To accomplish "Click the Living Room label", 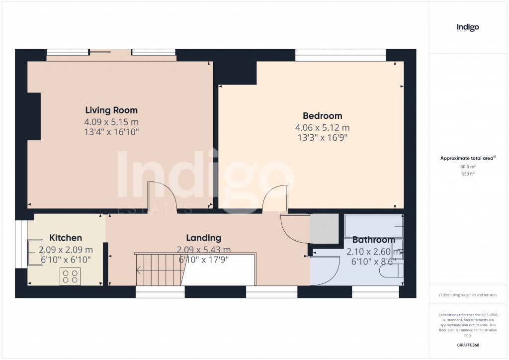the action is coord(111,110).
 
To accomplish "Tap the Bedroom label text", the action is coord(322,116).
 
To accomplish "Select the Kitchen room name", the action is coord(66,238).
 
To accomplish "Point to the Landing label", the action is coord(203,238).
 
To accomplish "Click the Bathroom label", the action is coord(374,240).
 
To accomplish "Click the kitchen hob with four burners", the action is coord(70,276).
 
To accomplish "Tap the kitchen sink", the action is coord(35,253).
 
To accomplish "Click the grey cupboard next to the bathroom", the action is coord(324,229).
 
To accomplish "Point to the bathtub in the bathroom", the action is coord(374,226).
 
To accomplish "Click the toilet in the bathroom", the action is coord(392,270).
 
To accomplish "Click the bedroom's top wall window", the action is coord(340,55).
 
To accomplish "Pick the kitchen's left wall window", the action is coord(21,245).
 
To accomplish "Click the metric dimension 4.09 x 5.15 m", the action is coord(111,122).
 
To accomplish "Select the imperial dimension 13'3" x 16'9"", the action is coord(322,138).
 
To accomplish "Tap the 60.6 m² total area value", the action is coord(468,167).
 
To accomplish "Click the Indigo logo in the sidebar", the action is coord(468,27).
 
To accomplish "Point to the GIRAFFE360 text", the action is coord(468,345).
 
